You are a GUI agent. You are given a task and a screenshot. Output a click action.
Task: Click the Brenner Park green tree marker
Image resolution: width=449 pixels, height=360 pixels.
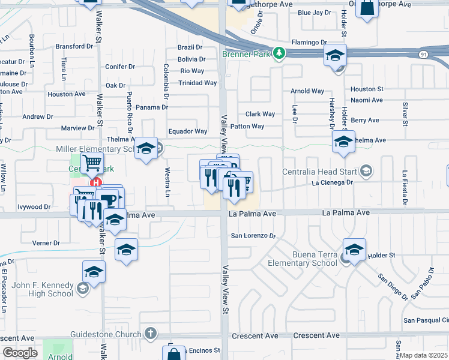click(279, 53)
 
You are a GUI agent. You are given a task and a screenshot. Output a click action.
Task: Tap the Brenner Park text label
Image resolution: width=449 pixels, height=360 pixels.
click(246, 54)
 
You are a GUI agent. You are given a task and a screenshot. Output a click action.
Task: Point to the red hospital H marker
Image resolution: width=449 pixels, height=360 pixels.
click(94, 182)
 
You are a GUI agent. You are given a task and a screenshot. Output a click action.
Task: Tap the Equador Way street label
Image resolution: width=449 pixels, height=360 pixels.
click(187, 131)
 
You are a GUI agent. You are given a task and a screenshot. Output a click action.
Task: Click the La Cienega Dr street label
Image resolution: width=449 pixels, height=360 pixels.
click(331, 182)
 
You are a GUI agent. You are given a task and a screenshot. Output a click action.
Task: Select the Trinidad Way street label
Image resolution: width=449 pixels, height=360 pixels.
click(197, 83)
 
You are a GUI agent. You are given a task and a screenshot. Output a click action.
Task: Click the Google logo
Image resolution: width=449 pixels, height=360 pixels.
click(20, 353)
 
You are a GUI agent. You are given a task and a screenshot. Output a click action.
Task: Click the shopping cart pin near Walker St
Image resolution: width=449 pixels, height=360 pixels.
click(92, 163)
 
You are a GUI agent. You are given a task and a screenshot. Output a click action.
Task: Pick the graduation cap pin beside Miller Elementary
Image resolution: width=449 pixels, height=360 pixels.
click(146, 148)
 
